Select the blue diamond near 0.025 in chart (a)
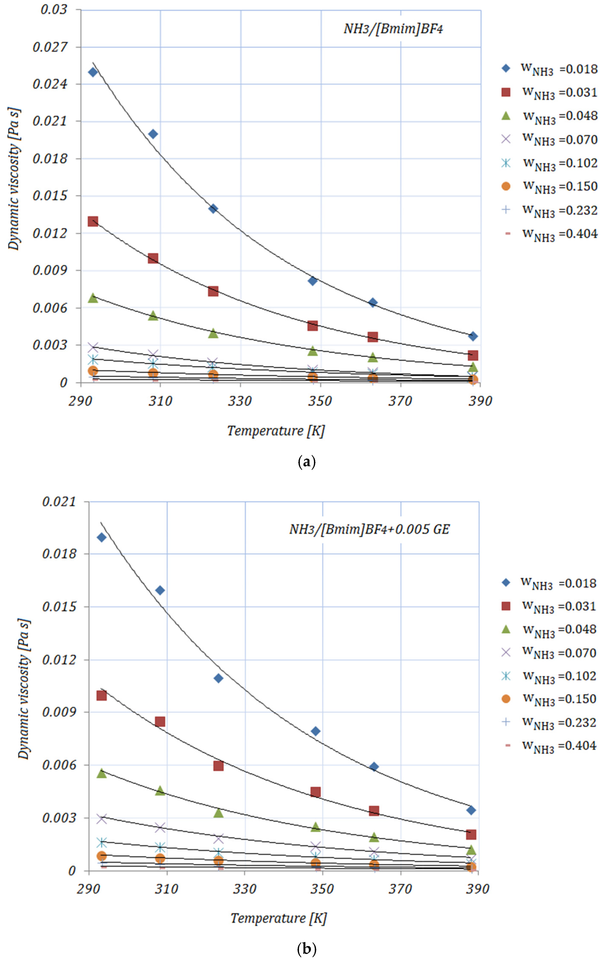[x=93, y=72]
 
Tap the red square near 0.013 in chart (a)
[x=93, y=221]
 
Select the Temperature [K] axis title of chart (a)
[x=276, y=431]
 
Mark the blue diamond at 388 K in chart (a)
[x=473, y=336]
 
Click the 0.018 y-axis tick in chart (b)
[x=59, y=554]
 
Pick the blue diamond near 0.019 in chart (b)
[x=102, y=537]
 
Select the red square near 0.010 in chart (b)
[x=102, y=695]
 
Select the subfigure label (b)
[x=307, y=949]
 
